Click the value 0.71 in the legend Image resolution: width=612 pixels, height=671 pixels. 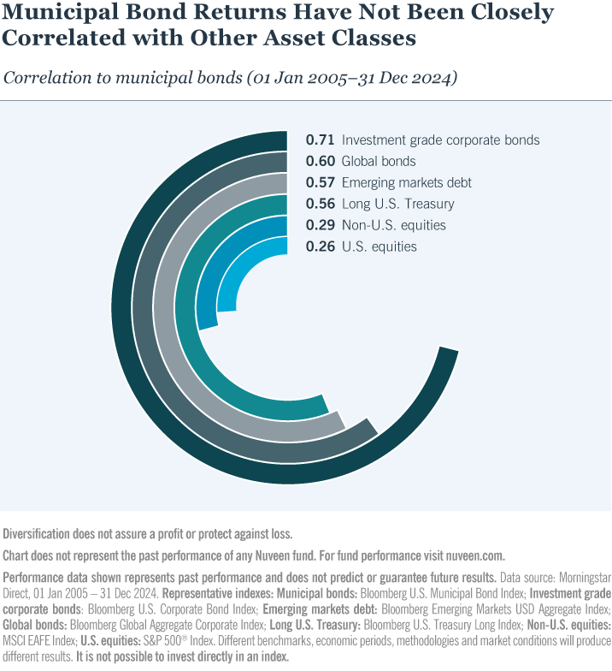pyautogui.click(x=320, y=140)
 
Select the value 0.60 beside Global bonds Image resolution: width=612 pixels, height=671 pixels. pyautogui.click(x=320, y=161)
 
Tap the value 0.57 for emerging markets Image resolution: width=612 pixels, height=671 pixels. pyautogui.click(x=320, y=182)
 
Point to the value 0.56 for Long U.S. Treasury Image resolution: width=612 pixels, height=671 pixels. pyautogui.click(x=320, y=204)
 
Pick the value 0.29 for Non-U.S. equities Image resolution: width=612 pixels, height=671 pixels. pyautogui.click(x=320, y=225)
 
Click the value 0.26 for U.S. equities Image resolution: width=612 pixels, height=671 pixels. pyautogui.click(x=320, y=246)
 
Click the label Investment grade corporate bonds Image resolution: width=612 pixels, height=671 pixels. pyautogui.click(x=440, y=140)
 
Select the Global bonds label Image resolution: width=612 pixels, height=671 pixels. pyautogui.click(x=378, y=161)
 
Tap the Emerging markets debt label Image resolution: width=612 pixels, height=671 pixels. pyautogui.click(x=406, y=182)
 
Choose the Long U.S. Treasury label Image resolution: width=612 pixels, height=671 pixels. pyautogui.click(x=397, y=204)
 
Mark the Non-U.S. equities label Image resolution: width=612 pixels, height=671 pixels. pyautogui.click(x=393, y=225)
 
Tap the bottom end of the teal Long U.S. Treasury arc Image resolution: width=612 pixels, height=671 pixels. pyautogui.click(x=325, y=407)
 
